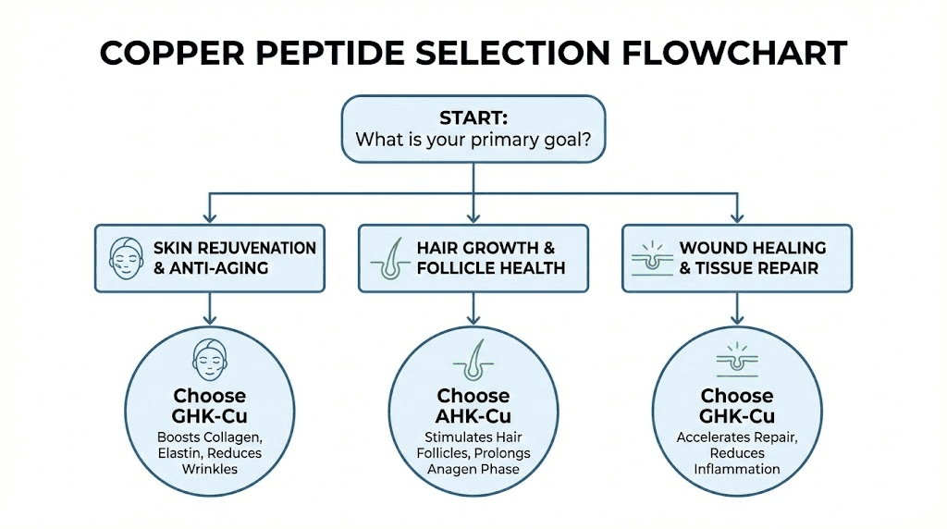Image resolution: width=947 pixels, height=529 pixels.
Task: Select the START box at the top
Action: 473,130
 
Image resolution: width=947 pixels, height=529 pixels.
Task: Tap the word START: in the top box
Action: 473,119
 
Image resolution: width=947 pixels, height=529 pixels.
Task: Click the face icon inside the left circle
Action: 209,358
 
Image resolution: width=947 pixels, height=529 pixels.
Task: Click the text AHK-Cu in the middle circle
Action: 473,416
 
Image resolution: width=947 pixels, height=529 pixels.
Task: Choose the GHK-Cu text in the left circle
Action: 209,416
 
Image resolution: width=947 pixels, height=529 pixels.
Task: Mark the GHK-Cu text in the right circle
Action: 737,416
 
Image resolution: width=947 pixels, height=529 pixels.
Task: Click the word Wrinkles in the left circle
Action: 209,469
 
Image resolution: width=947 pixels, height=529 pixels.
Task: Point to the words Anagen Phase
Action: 473,469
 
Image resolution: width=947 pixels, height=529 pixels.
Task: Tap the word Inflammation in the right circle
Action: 737,469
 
